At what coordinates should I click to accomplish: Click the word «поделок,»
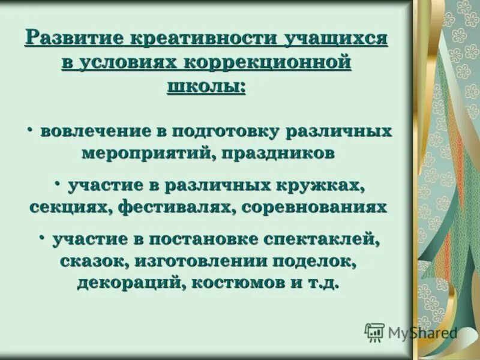[316, 261]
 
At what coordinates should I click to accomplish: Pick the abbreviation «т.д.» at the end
[319, 283]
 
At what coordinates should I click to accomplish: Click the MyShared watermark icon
[374, 332]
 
